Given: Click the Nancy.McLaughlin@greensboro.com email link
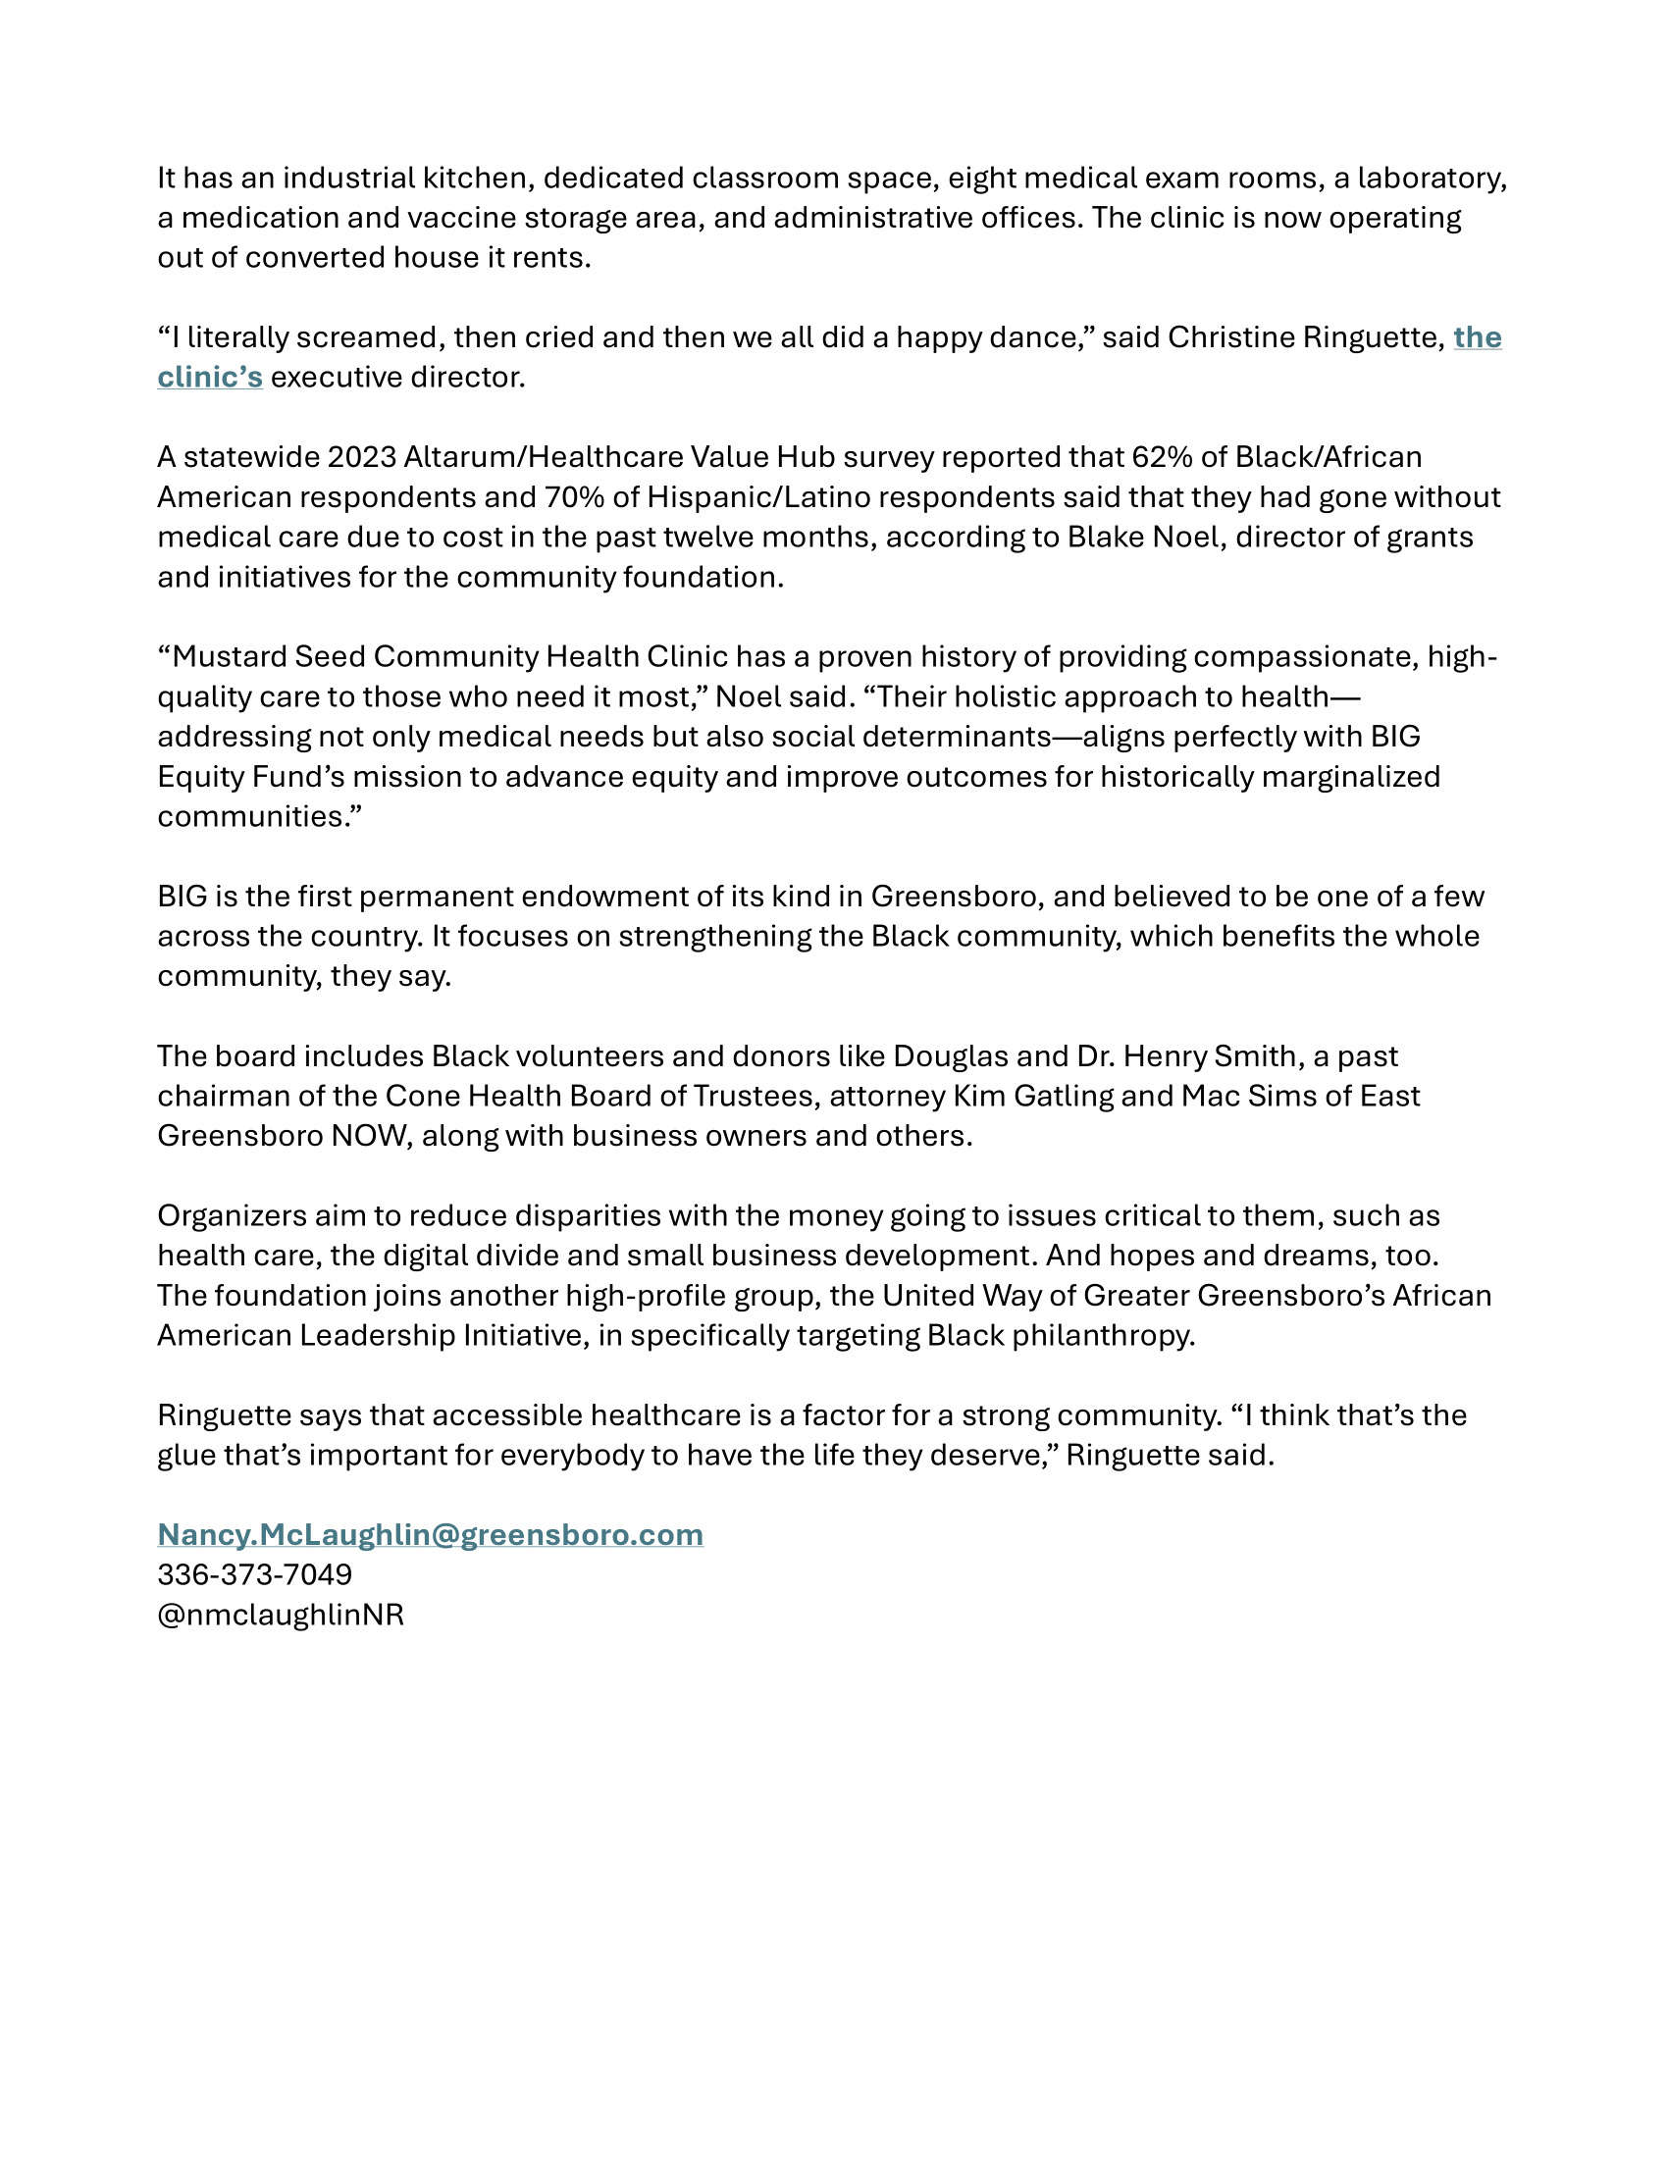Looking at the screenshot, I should coord(430,1534).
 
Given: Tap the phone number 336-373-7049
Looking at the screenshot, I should coord(254,1574).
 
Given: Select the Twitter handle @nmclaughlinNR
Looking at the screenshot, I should coord(281,1615).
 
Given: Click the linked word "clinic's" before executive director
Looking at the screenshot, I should coord(210,378).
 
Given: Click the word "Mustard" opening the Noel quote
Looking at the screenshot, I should coord(230,657).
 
